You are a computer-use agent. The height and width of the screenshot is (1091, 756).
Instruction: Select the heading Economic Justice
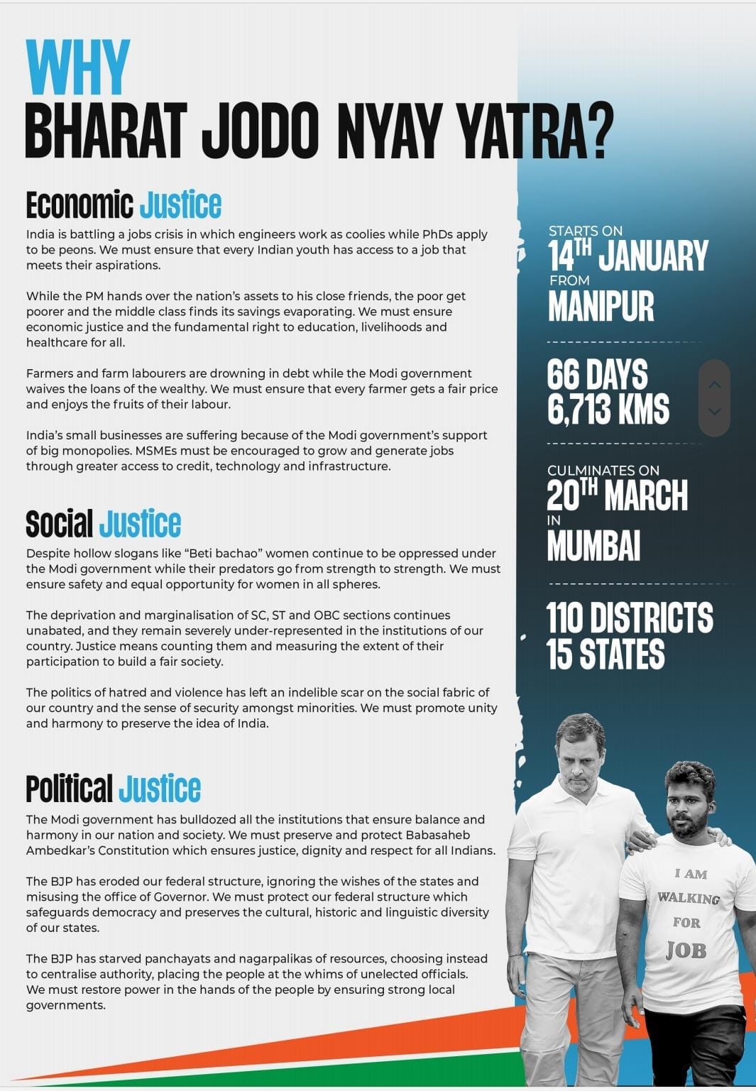(x=124, y=205)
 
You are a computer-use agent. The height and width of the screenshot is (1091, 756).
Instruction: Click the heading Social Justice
(x=104, y=524)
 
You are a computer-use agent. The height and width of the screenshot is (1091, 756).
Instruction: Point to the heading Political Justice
(x=114, y=789)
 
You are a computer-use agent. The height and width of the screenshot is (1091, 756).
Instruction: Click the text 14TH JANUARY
(x=628, y=256)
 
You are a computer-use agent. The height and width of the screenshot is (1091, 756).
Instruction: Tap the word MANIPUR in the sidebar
(x=601, y=307)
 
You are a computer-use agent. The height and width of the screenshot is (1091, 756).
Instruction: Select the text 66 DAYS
(x=597, y=375)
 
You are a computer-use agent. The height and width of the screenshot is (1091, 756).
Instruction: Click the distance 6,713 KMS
(x=608, y=409)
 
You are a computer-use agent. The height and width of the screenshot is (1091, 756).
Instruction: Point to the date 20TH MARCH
(x=617, y=495)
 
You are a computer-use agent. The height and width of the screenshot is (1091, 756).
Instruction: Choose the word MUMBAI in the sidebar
(x=593, y=546)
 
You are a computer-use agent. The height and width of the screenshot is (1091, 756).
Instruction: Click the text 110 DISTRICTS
(x=630, y=618)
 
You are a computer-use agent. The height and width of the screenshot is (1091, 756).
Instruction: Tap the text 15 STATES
(x=605, y=654)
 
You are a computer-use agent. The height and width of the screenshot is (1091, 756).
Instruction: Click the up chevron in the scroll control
(x=714, y=385)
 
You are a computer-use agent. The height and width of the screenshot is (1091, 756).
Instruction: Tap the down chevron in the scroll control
(x=714, y=411)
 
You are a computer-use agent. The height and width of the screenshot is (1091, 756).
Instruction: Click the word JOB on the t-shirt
(x=686, y=950)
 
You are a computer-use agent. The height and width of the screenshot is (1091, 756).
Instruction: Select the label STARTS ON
(x=586, y=231)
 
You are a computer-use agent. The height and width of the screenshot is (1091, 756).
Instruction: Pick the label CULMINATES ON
(x=603, y=470)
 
